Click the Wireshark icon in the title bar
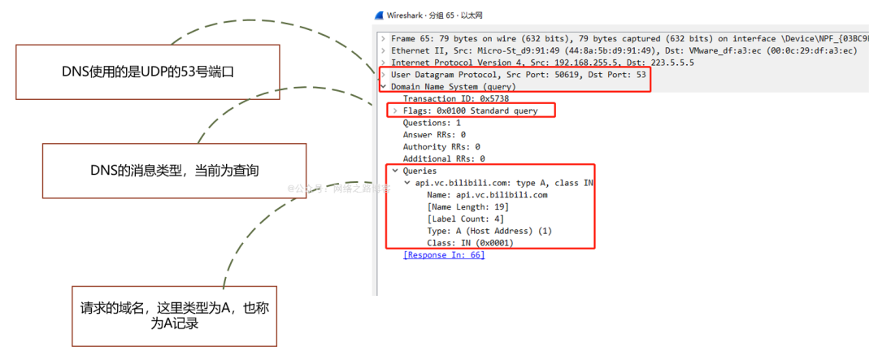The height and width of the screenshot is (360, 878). pyautogui.click(x=380, y=15)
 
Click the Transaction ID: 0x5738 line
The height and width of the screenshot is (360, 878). pyautogui.click(x=444, y=98)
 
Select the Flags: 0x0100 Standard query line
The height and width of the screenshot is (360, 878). pyautogui.click(x=470, y=111)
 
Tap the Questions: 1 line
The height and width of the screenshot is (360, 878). pyautogui.click(x=432, y=123)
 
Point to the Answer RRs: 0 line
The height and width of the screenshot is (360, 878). pyautogui.click(x=434, y=135)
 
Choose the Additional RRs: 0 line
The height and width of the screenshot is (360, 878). pyautogui.click(x=444, y=159)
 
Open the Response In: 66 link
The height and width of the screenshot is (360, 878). pyautogui.click(x=444, y=255)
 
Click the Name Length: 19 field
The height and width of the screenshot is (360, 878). pyautogui.click(x=461, y=207)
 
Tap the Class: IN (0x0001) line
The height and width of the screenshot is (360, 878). pyautogui.click(x=470, y=243)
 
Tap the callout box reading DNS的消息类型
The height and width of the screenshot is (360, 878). pyautogui.click(x=174, y=171)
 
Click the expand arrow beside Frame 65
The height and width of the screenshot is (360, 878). pyautogui.click(x=383, y=38)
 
